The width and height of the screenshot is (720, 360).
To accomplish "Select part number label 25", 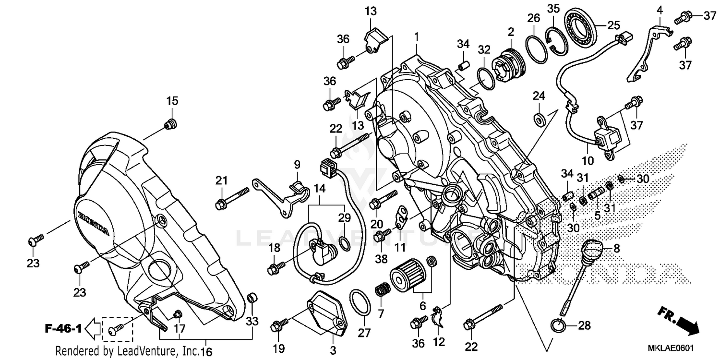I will click(x=614, y=25).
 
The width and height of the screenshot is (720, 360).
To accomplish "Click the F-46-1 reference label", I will click(x=62, y=329).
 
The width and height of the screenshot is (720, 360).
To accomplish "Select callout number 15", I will click(x=172, y=101).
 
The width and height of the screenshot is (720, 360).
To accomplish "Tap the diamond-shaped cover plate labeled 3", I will click(x=327, y=312).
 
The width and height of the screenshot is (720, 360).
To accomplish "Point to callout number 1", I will click(x=417, y=36).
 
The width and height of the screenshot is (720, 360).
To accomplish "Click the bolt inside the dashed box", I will click(x=117, y=329).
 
